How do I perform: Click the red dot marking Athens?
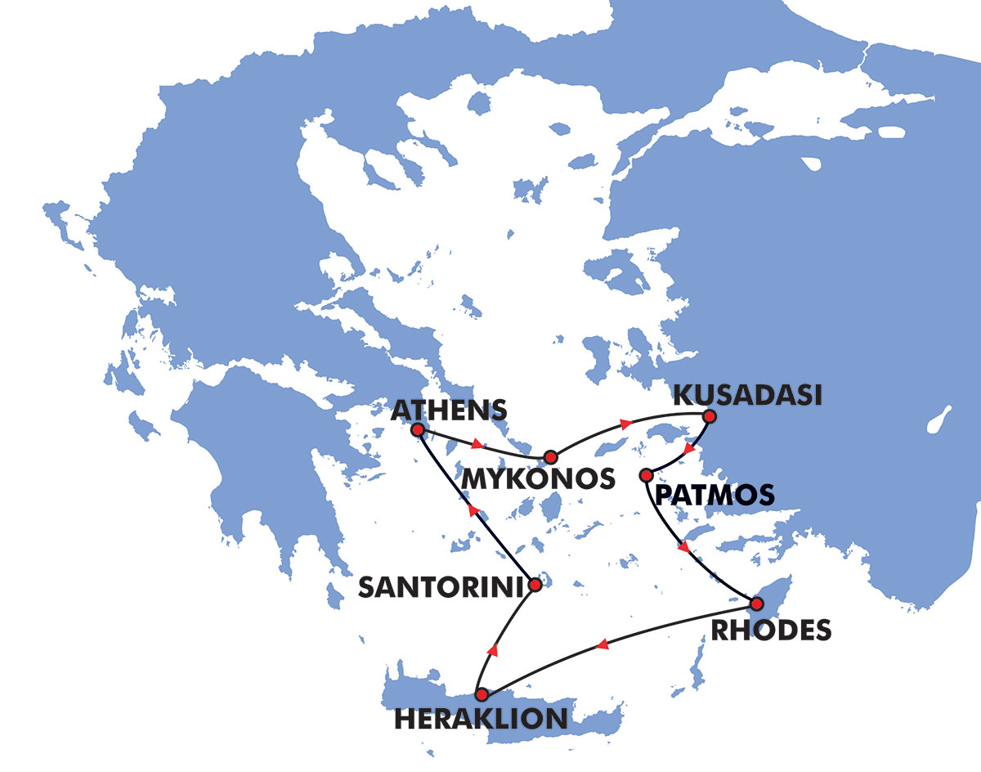tap(418, 429)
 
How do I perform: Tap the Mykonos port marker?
tap(550, 456)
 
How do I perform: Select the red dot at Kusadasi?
tap(709, 416)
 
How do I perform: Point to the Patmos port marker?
tap(646, 474)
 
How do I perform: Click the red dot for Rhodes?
tap(757, 604)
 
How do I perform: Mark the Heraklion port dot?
tap(482, 694)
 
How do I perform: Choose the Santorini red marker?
tap(535, 585)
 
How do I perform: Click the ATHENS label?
tap(450, 408)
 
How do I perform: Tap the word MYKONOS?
tap(537, 478)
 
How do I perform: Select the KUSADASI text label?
tap(746, 395)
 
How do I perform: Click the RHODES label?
tap(771, 631)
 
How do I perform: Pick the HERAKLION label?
tap(481, 719)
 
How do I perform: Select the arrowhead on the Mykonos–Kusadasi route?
tap(626, 424)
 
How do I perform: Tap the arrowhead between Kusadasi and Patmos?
tap(690, 448)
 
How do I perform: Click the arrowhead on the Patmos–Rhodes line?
tap(683, 547)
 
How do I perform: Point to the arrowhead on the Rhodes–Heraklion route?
tap(602, 645)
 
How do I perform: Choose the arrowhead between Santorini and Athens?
tap(472, 510)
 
